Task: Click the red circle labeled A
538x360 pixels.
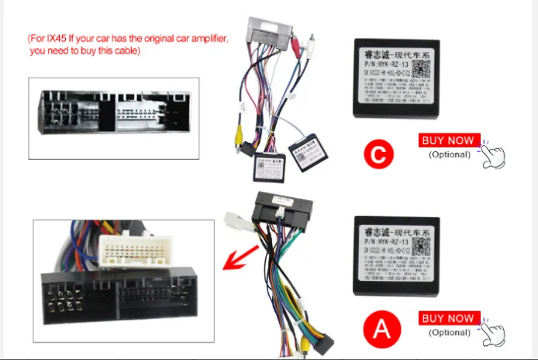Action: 381,330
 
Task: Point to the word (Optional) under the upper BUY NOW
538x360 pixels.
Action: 450,154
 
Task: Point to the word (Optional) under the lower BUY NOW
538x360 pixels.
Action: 450,332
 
